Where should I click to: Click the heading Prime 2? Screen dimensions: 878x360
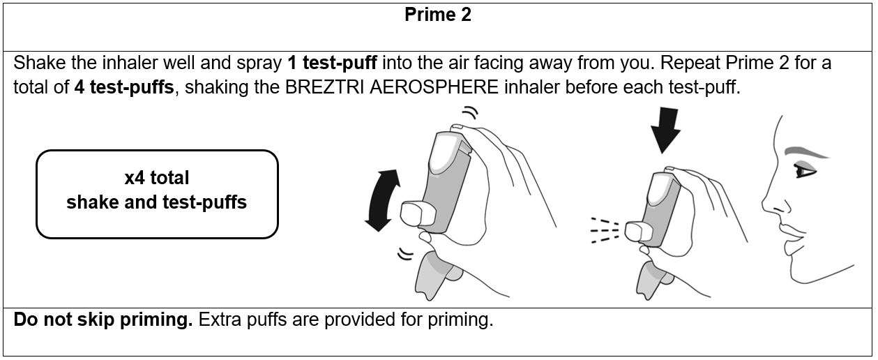point(438,15)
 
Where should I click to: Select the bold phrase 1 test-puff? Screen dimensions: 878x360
point(332,63)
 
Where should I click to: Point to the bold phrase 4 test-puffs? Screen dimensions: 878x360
point(124,87)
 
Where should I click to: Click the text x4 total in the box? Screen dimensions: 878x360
point(157,178)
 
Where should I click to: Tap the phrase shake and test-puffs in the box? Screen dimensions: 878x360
point(157,202)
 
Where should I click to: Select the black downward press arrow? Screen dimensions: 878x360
point(665,129)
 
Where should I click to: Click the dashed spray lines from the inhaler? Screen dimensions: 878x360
point(605,230)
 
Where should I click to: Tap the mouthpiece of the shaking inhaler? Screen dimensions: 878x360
point(418,213)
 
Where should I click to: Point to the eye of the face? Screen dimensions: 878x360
point(805,171)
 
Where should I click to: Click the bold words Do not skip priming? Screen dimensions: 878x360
point(103,320)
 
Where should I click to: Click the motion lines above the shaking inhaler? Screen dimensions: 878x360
point(470,112)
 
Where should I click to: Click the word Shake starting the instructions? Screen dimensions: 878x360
point(40,63)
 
